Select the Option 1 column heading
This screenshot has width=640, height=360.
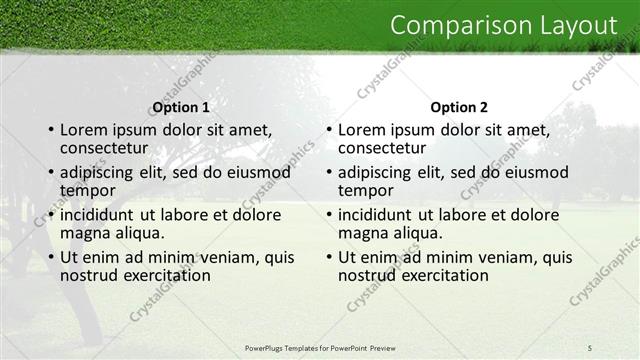tap(180, 106)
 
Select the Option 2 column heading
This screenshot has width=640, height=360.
tap(459, 106)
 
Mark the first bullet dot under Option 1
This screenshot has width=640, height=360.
tap(50, 131)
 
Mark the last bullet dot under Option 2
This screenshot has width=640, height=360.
tap(328, 257)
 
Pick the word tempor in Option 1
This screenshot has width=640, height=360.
tap(87, 190)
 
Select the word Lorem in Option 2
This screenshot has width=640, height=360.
tap(362, 130)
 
